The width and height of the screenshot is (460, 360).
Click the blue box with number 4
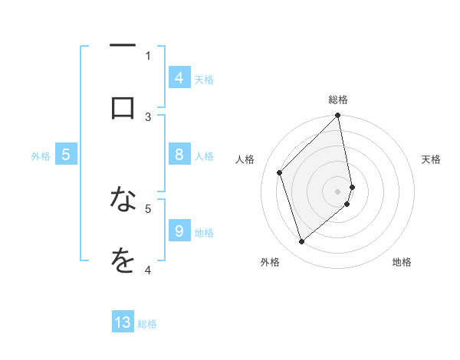click(x=179, y=78)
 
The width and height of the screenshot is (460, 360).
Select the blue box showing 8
click(x=179, y=155)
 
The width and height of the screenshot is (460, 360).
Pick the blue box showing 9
click(x=179, y=231)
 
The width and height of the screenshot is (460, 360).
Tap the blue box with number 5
click(x=66, y=155)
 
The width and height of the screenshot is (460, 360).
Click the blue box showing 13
click(x=123, y=322)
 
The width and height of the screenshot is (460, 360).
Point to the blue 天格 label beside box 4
click(x=204, y=80)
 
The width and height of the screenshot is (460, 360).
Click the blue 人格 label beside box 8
click(x=204, y=156)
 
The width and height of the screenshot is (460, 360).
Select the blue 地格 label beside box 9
click(x=204, y=233)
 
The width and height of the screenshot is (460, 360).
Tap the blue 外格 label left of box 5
click(x=41, y=156)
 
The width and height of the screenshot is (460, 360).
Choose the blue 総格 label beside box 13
click(x=147, y=324)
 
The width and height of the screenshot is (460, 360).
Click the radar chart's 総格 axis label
click(x=337, y=100)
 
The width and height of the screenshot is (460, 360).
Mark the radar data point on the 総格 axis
click(x=337, y=116)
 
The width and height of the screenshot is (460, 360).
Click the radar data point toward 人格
click(x=280, y=172)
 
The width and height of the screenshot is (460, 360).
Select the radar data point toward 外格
click(x=302, y=242)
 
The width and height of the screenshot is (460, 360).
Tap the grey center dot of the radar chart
click(x=337, y=191)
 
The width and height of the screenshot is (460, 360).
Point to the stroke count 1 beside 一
click(x=148, y=55)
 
